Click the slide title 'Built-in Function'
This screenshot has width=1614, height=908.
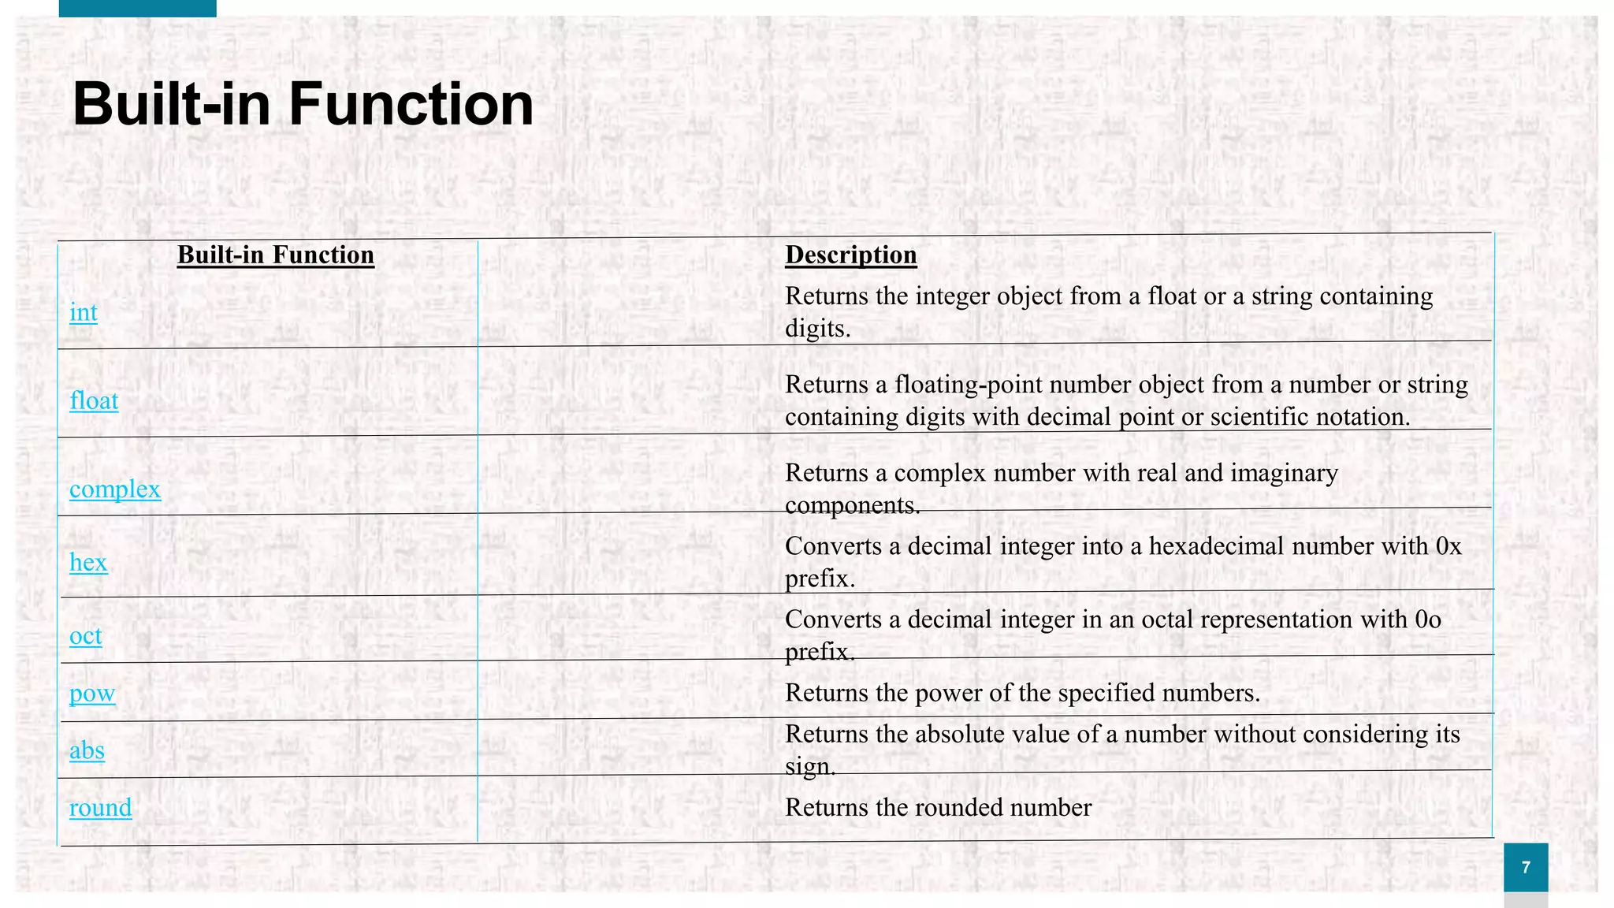point(303,104)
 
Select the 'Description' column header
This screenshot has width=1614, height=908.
point(850,255)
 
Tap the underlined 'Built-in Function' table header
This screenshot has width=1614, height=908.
point(275,255)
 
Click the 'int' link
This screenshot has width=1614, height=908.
point(84,312)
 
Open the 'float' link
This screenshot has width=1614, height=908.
point(94,400)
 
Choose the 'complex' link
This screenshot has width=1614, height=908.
point(115,489)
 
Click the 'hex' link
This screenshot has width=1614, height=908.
point(88,562)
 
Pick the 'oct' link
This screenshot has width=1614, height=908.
point(86,635)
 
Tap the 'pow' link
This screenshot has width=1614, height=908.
point(92,693)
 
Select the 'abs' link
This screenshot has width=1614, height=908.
point(87,750)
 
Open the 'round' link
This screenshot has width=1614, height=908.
point(100,807)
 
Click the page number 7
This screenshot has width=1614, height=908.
point(1526,867)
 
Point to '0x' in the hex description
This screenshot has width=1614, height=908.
point(1448,546)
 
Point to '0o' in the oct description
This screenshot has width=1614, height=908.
point(1427,620)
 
